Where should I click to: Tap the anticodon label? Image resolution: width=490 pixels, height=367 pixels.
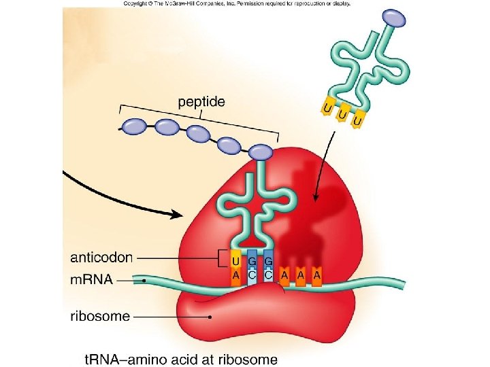click(101, 258)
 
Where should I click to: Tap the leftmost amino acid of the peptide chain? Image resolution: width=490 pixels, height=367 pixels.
click(135, 126)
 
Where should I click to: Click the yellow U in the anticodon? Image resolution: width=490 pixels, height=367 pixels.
click(235, 261)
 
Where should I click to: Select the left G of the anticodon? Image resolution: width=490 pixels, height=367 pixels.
click(252, 261)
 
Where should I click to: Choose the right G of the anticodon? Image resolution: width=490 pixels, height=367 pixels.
click(269, 261)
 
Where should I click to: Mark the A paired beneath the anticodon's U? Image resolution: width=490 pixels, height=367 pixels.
click(235, 275)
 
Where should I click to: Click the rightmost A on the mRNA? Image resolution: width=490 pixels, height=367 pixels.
click(316, 275)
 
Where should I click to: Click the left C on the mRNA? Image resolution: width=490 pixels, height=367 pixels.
click(252, 275)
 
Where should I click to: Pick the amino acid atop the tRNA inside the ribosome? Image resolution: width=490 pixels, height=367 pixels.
click(259, 154)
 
